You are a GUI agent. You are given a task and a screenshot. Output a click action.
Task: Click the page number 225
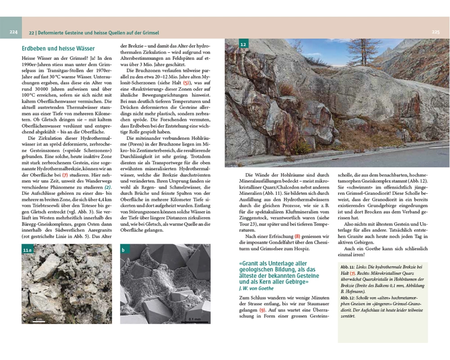click(x=435, y=32)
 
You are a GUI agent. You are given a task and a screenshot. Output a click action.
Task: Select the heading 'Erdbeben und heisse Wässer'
click(x=58, y=48)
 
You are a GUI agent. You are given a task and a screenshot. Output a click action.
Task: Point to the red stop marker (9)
click(x=263, y=310)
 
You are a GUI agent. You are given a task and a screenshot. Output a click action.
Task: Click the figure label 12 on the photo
click(x=243, y=45)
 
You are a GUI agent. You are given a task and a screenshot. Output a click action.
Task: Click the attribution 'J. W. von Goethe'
click(x=256, y=288)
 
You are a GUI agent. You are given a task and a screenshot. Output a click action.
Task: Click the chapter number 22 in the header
click(x=31, y=33)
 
